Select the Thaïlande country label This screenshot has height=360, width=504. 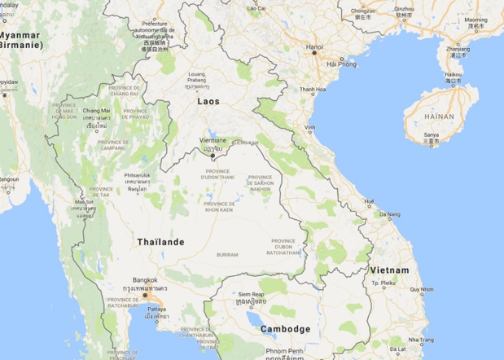pos(160,243)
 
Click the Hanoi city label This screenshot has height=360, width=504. pos(314,47)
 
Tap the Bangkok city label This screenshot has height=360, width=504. pos(146,280)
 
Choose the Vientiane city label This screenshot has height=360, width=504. pos(212,140)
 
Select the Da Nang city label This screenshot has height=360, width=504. pos(389,214)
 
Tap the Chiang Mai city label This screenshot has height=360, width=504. pos(95,111)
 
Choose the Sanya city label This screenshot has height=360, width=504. pos(432,135)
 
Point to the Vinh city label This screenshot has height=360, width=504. pos(310,128)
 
